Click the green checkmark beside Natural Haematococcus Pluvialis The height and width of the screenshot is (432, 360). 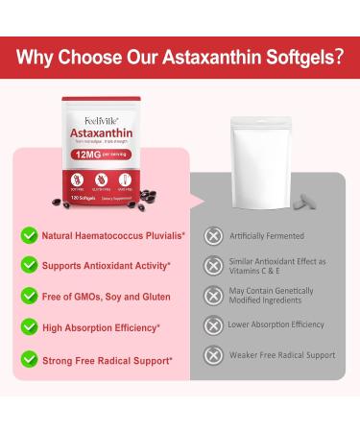[30, 235]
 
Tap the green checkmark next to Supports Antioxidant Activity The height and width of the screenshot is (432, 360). [30, 265]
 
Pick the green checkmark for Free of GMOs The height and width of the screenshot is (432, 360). [30, 296]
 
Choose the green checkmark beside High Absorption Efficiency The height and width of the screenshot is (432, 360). [30, 326]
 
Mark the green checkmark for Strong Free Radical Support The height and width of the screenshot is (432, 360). [30, 359]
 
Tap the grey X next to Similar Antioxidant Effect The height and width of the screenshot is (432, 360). [213, 266]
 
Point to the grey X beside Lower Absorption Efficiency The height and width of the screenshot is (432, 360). [213, 325]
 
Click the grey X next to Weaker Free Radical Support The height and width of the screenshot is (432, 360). [213, 355]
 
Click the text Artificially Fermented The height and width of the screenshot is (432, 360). [267, 236]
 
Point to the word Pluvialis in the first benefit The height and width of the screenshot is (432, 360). [160, 235]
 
